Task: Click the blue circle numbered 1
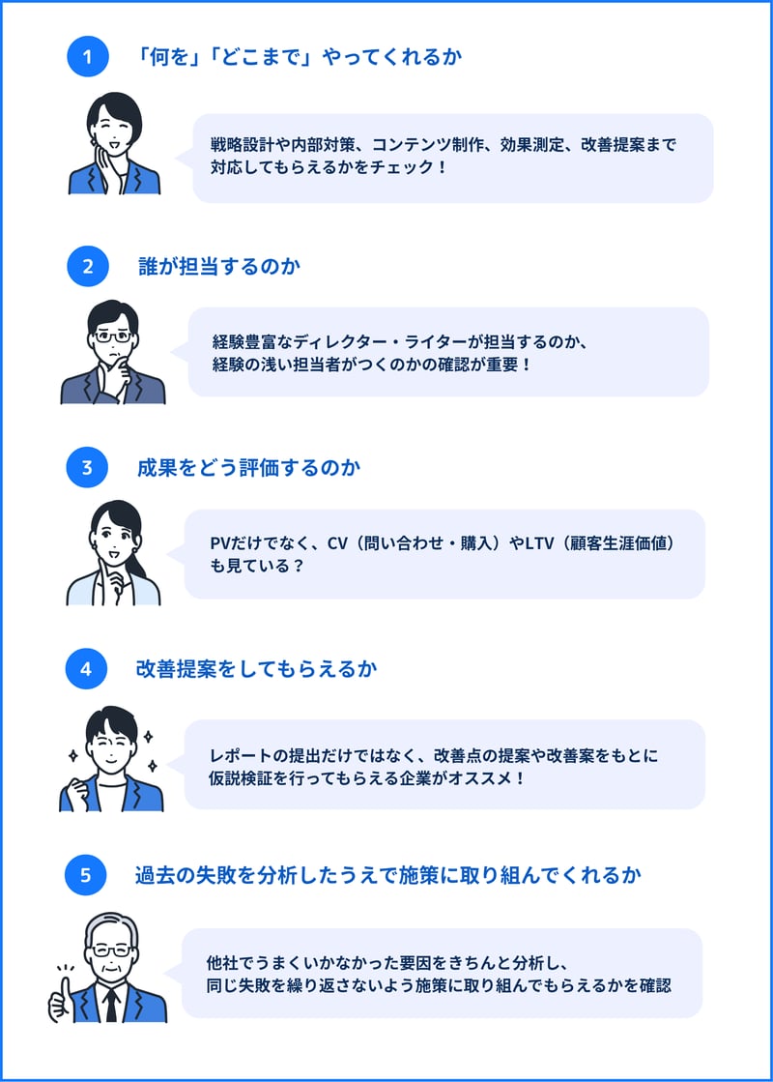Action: [88, 56]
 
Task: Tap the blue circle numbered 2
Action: [88, 266]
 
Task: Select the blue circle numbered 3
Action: [87, 467]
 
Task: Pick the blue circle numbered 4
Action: [86, 669]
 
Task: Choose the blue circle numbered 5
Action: [85, 875]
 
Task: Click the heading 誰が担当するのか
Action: [219, 266]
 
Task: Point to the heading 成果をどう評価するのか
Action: [249, 468]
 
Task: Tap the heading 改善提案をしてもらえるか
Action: [256, 669]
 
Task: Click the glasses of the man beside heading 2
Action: [112, 336]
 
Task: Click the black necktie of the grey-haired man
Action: [111, 1005]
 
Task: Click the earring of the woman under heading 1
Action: [93, 142]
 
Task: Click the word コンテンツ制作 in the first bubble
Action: [426, 145]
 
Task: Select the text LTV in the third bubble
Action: [539, 543]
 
